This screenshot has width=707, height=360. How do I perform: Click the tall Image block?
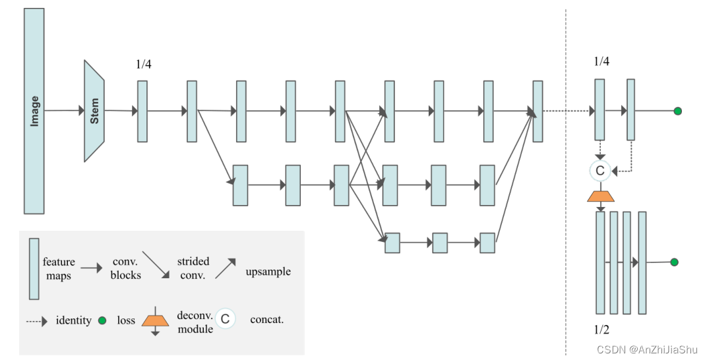click(34, 111)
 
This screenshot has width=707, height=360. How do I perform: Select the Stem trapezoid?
click(94, 111)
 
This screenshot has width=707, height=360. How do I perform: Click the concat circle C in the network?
click(599, 171)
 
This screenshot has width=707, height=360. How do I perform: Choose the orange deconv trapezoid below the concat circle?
click(600, 196)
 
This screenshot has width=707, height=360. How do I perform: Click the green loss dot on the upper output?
click(677, 111)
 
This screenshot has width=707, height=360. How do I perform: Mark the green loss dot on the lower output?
click(674, 262)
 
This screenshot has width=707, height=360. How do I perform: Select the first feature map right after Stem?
click(142, 111)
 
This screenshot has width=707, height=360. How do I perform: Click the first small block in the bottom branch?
click(392, 243)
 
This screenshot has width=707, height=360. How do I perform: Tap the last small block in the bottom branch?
click(487, 243)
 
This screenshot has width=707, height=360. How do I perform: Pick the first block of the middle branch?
click(240, 185)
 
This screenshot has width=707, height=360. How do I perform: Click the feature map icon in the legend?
click(34, 268)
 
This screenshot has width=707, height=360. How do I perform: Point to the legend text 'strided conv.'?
click(193, 268)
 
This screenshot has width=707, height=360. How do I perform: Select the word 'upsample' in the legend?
click(268, 272)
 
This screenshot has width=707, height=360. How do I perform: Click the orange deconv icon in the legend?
click(155, 320)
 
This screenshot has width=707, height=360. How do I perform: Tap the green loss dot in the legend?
click(102, 320)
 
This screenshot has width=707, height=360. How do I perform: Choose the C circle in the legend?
click(225, 320)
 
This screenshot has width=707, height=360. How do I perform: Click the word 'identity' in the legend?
click(73, 320)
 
